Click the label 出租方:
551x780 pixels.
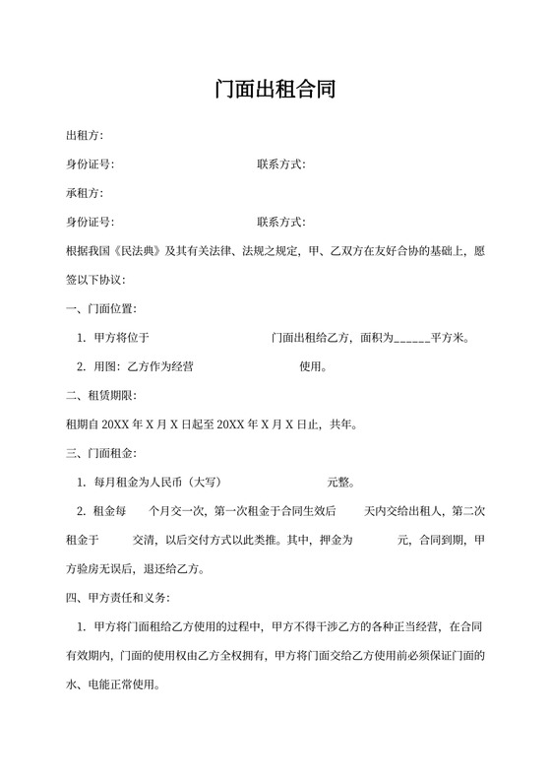84,135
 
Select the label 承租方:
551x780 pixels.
84,192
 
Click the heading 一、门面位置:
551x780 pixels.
94,309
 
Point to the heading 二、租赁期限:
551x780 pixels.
94,396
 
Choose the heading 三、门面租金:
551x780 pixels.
94,454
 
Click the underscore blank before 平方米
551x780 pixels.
412,339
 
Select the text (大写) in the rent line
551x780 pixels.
203,484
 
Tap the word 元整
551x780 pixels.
340,484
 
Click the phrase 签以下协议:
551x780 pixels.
94,281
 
